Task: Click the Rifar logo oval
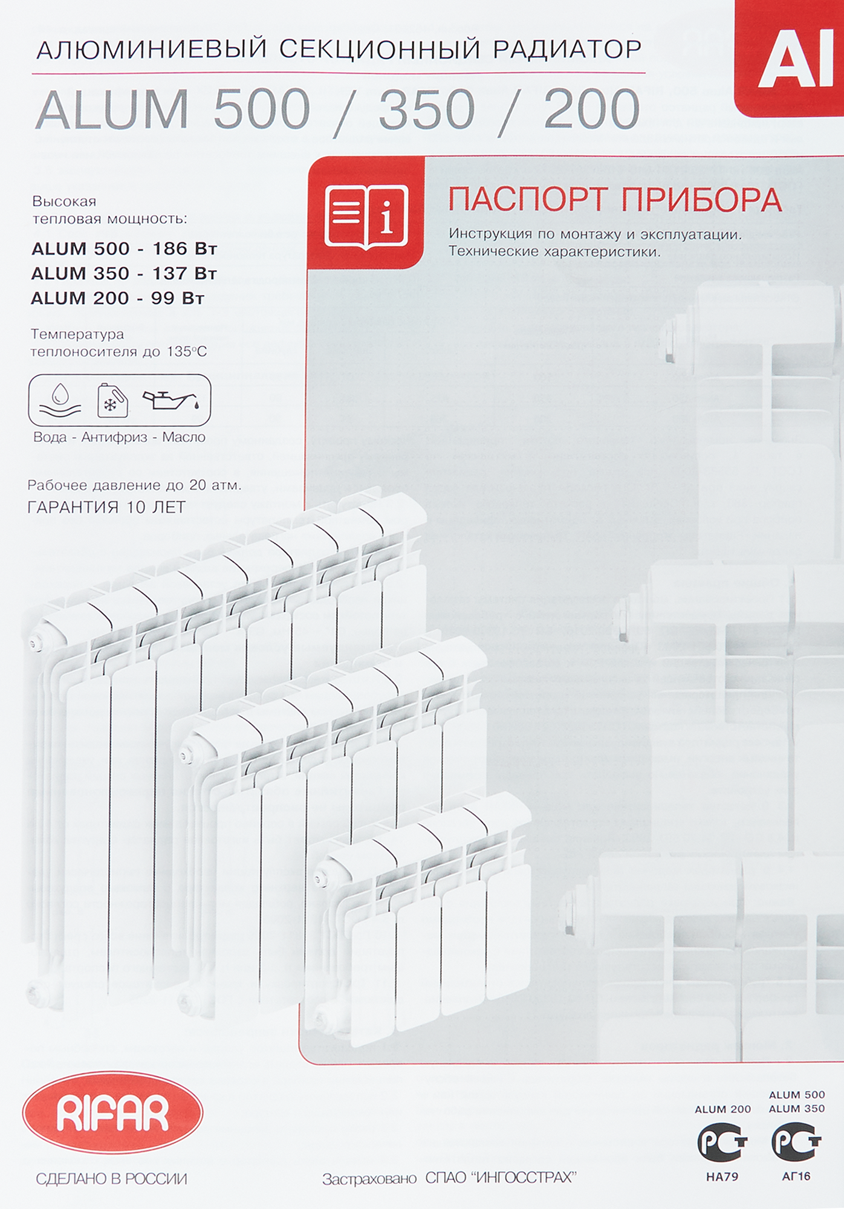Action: tap(112, 1112)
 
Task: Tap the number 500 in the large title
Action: tap(261, 110)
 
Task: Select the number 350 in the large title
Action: tap(427, 110)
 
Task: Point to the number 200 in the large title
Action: tap(591, 110)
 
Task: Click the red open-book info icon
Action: tap(366, 216)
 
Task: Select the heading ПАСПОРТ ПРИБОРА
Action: tap(615, 200)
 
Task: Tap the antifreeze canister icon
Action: tap(112, 401)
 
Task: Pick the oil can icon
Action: tap(170, 399)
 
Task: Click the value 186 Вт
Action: tap(184, 248)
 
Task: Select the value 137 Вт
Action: tap(184, 273)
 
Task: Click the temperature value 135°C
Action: tap(186, 351)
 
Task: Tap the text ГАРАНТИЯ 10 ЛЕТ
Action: tap(106, 507)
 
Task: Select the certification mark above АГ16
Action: tap(796, 1142)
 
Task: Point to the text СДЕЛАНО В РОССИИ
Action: tap(111, 1179)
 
